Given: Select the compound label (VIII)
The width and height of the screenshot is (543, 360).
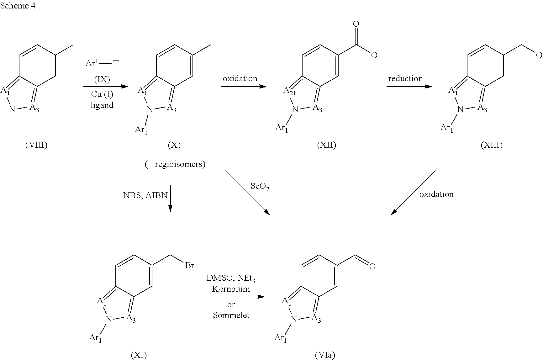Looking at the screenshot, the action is coord(36,145).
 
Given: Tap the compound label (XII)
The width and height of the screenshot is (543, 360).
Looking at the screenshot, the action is coord(326,145).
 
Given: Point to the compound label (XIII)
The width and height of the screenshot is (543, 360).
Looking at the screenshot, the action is coord(492,145).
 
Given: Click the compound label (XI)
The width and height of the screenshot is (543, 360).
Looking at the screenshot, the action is coord(139,355).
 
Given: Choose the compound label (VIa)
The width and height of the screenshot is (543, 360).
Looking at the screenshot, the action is coord(325,355).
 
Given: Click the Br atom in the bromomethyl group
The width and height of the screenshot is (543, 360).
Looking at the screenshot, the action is coord(190,266).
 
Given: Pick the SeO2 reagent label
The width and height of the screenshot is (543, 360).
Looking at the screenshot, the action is coord(260,187).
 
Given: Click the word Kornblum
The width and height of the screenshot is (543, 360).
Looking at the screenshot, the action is coord(231,289).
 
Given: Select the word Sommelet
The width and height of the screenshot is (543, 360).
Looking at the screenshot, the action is coord(231,315).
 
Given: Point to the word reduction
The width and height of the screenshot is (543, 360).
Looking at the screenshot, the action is coord(405,78).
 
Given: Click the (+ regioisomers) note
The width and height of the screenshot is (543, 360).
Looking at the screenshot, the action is coord(175,164).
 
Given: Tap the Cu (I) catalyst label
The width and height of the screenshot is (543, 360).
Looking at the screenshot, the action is coord(102,94).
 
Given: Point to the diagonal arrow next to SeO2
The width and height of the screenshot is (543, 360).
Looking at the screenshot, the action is coord(247,193).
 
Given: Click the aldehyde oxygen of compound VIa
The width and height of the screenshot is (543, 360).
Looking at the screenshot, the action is coord(372,267).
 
